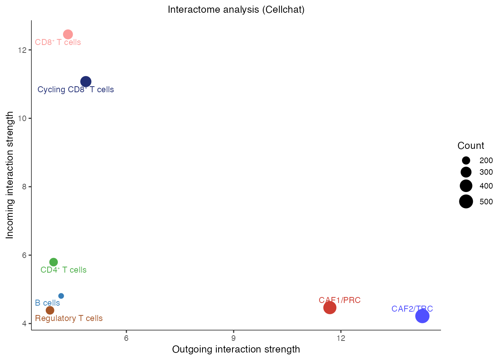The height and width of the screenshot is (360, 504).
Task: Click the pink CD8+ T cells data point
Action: (68, 34)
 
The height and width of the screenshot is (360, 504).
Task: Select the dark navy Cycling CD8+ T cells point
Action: (86, 82)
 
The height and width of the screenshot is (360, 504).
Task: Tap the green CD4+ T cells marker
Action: (54, 262)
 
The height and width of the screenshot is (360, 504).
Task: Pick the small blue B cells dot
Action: (61, 296)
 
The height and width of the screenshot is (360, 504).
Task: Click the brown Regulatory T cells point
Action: (50, 310)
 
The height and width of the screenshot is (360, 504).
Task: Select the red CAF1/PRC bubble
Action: (330, 308)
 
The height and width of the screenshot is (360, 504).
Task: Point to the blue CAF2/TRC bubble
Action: (422, 316)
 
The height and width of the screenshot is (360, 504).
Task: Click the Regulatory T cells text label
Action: (69, 318)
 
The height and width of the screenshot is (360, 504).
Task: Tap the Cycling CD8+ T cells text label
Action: (76, 90)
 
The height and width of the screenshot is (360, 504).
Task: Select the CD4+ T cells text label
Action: (63, 270)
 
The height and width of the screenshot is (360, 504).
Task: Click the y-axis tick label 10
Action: (22, 118)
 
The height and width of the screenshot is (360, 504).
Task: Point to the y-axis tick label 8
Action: (24, 187)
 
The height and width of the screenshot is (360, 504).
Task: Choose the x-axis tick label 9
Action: (234, 338)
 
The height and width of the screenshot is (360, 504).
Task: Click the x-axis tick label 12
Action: (340, 338)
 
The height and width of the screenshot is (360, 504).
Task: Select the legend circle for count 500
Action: (466, 202)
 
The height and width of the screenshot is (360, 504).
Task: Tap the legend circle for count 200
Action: (466, 160)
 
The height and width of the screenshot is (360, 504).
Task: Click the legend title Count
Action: (471, 145)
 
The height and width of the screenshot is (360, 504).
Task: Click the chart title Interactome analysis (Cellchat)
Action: (236, 9)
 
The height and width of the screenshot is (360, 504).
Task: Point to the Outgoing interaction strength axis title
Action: (236, 349)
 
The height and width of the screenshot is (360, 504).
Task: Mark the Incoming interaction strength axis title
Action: (10, 175)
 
